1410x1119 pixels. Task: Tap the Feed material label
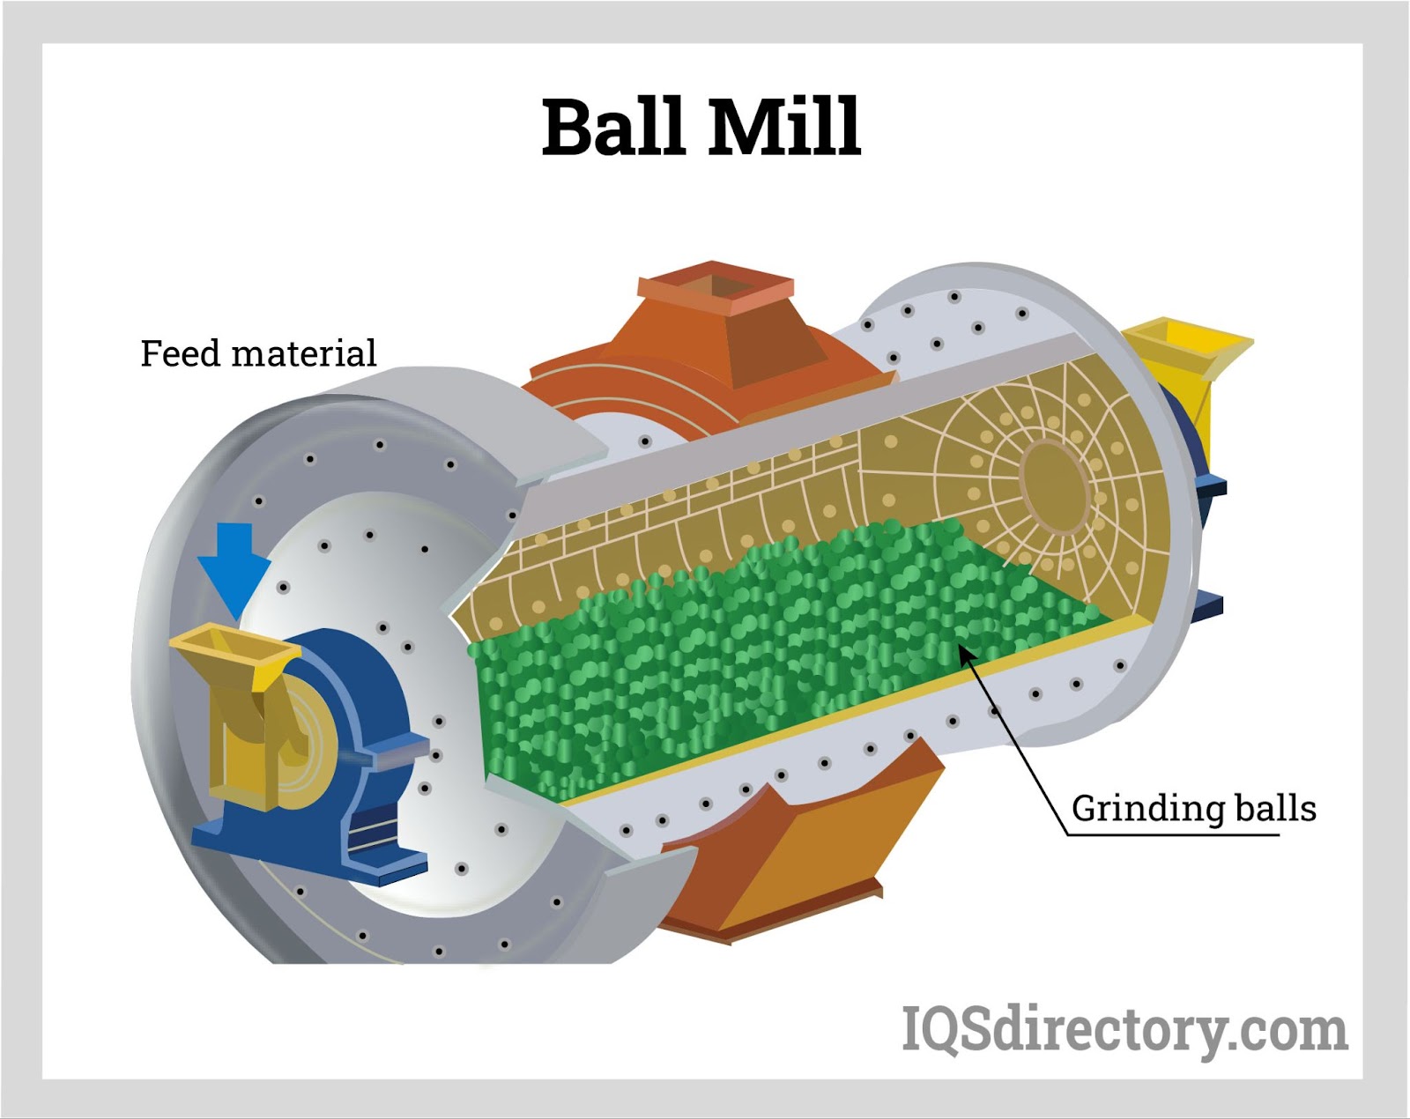coord(258,354)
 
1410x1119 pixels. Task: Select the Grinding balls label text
coord(1193,808)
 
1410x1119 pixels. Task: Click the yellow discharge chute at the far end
coord(1190,352)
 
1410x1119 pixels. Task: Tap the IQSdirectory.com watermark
coord(1124,1028)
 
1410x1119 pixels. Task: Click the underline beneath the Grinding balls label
coord(1172,834)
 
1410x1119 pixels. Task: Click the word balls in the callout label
coord(1275,808)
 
